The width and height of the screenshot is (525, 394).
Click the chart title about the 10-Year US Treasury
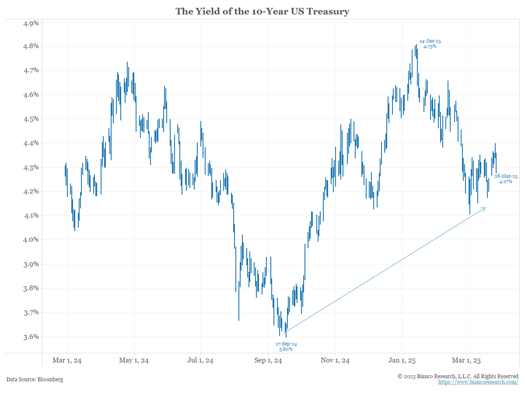point(262,11)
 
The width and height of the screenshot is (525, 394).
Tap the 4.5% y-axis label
point(31,119)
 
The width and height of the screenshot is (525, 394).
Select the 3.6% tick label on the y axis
point(31,337)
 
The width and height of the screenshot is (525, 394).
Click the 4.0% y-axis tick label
point(31,240)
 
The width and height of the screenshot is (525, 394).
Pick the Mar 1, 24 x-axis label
point(67,361)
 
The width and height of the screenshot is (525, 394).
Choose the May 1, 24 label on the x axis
point(134,361)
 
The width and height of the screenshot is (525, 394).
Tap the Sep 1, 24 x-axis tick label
point(268,361)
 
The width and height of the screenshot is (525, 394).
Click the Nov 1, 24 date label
point(335,361)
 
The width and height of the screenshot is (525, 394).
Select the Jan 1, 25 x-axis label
point(402,361)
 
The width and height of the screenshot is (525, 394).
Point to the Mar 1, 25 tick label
point(467,361)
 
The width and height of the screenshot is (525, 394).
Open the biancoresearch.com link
point(478,382)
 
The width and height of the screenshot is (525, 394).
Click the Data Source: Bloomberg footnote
point(35,379)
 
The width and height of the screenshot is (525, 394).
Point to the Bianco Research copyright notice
point(458,376)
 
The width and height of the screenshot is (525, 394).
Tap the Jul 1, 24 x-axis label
point(200,361)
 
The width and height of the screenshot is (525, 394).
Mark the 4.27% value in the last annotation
point(505,181)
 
